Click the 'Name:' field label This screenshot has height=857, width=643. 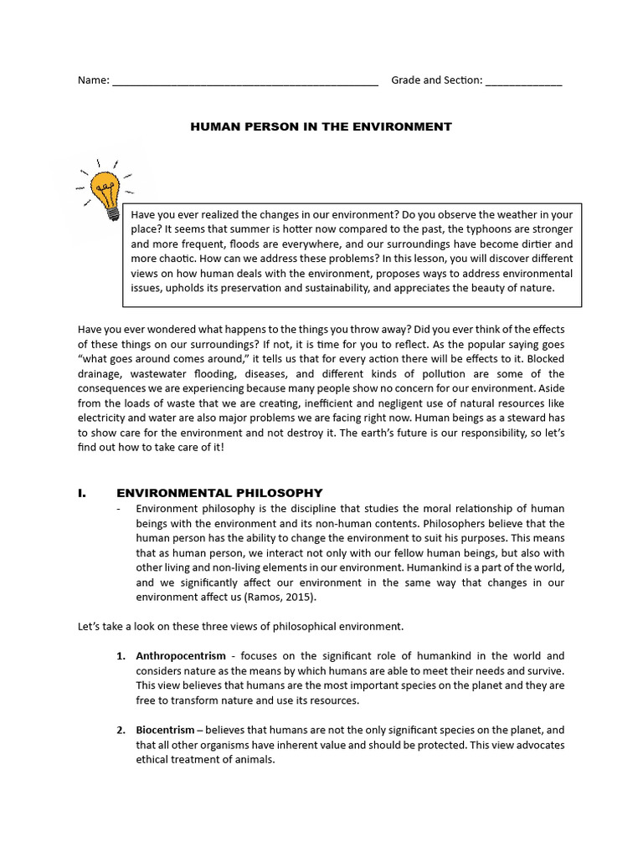pyautogui.click(x=93, y=80)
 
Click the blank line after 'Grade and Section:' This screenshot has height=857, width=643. pyautogui.click(x=523, y=82)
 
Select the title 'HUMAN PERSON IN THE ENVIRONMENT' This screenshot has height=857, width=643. pyautogui.click(x=321, y=127)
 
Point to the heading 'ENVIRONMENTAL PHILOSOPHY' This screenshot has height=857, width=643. pyautogui.click(x=219, y=493)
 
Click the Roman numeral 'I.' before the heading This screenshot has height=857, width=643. pyautogui.click(x=82, y=493)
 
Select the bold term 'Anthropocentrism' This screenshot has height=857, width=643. pyautogui.click(x=181, y=655)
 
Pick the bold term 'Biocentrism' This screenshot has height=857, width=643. pyautogui.click(x=166, y=731)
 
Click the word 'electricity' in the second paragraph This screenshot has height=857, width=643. pyautogui.click(x=104, y=419)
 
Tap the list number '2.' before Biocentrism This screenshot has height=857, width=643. pyautogui.click(x=121, y=731)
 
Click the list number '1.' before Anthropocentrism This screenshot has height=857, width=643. pyautogui.click(x=121, y=655)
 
